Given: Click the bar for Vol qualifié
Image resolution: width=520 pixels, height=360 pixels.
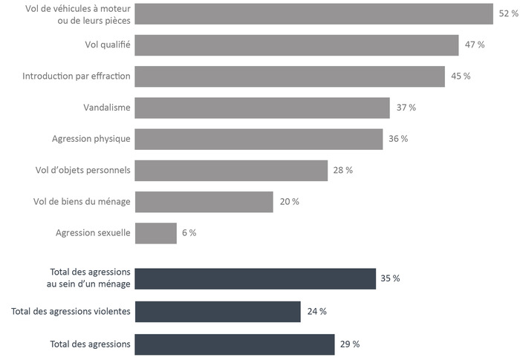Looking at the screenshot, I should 296,45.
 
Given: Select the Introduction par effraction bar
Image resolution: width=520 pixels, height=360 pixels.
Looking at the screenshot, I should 290,76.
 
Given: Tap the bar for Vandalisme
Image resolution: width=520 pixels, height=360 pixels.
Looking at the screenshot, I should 262,108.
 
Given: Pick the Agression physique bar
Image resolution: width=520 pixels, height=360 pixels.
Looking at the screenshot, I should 259,139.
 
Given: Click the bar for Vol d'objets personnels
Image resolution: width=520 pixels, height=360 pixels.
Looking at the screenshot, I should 231,170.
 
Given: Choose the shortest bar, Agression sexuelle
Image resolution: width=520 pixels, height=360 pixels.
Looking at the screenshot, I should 156,233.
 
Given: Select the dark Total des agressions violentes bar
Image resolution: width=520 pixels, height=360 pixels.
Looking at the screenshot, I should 218,312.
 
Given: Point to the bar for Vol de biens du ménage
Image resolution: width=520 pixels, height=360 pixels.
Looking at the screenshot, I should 204,202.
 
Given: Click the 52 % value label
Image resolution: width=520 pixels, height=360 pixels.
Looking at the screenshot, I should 508,13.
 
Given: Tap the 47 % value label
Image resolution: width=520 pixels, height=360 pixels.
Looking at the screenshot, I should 475,45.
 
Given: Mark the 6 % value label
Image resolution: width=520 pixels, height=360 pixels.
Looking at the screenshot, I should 189,233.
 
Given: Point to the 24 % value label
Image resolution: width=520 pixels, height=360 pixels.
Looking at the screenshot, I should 317,312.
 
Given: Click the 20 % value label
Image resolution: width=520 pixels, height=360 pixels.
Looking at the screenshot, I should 290,202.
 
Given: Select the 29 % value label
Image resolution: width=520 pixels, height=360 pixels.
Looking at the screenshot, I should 350,344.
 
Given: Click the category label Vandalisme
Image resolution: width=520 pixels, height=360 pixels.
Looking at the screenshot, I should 107,108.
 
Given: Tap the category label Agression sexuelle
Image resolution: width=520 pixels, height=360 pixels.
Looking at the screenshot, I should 93,233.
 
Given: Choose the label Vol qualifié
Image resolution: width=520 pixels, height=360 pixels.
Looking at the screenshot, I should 108,45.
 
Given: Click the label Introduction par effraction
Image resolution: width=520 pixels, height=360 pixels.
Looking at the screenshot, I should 77,76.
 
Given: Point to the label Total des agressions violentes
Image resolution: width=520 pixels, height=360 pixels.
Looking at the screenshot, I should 71,312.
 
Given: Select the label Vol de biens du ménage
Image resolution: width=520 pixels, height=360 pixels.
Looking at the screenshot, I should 82,202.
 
